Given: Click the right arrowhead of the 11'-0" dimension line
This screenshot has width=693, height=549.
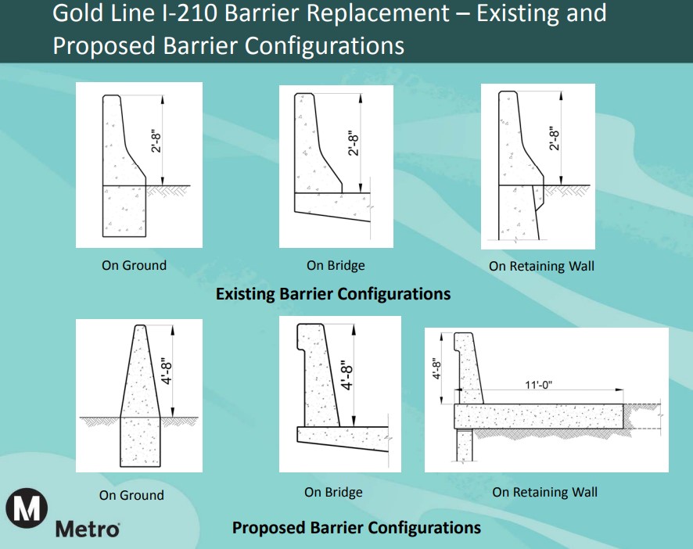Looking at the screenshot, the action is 620,390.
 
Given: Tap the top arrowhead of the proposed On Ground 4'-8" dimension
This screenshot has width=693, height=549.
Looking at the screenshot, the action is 173,329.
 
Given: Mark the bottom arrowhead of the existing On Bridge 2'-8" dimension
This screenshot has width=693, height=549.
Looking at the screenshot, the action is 361,188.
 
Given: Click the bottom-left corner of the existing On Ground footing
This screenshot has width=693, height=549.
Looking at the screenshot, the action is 103,236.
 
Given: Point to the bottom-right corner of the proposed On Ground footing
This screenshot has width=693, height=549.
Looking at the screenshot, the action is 160,466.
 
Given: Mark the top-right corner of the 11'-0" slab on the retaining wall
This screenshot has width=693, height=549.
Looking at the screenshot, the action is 623,404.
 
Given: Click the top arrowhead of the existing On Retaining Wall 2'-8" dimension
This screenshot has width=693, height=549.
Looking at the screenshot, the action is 561,95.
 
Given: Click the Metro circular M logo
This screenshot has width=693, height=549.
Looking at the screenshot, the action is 27,508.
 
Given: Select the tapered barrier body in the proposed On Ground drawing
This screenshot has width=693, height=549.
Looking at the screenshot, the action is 140,371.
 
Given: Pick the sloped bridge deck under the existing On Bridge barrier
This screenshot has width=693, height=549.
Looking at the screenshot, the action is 332,206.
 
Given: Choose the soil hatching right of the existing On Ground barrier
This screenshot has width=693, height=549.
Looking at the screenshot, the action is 167,191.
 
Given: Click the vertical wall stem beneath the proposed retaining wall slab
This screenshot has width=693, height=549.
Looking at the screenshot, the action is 464,445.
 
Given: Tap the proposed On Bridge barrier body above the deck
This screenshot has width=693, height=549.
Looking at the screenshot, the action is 318,375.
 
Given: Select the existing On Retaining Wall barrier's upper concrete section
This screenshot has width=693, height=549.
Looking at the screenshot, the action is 520,138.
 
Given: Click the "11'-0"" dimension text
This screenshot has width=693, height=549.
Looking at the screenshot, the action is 538,385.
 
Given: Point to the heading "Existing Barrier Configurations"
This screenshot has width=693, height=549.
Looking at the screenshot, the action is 332,294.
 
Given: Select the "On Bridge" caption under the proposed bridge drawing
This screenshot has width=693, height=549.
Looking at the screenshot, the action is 333,492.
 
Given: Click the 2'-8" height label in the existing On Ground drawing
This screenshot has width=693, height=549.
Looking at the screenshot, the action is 156,142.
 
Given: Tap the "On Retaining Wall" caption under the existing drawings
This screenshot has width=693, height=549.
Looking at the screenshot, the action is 541,266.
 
